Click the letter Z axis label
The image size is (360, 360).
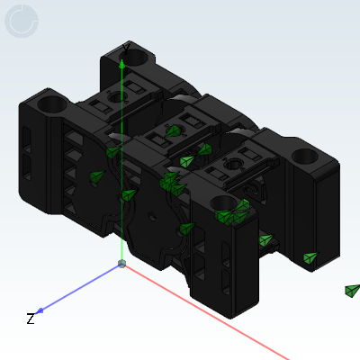(31, 319)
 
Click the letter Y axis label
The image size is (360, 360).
(126, 49)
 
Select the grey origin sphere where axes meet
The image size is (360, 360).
(121, 264)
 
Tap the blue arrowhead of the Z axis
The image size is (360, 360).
(40, 310)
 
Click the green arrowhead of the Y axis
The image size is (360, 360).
(121, 64)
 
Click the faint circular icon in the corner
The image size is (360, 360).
(22, 21)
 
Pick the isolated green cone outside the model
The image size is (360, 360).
(352, 291)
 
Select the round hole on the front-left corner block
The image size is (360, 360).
(51, 103)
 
